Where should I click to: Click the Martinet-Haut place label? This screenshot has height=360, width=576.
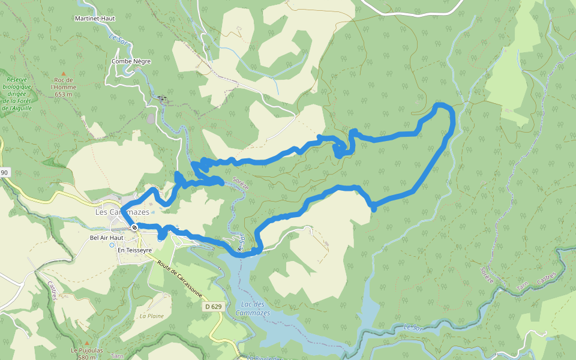(x=95, y=18)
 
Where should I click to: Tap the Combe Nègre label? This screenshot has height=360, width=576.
(x=131, y=61)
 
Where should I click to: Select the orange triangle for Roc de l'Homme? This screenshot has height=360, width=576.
(x=63, y=74)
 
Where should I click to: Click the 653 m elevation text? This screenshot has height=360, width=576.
(x=63, y=94)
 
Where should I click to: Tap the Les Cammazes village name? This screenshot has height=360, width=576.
(x=122, y=212)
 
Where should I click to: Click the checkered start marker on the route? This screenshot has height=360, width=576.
(x=134, y=227)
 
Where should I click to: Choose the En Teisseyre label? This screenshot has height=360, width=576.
(x=134, y=250)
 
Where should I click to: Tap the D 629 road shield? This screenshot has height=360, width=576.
(x=212, y=307)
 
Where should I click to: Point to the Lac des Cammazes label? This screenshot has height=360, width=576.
(x=253, y=309)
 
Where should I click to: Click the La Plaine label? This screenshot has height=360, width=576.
(x=152, y=316)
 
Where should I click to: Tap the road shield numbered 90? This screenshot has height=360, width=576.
(x=4, y=173)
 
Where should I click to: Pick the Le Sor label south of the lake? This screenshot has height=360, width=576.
(x=412, y=327)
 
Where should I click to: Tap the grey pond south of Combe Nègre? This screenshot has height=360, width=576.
(x=150, y=119)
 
